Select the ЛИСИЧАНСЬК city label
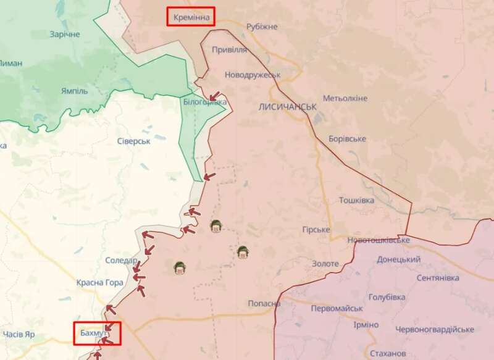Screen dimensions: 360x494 tap(288, 107)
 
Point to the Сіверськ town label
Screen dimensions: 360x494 tap(134, 141)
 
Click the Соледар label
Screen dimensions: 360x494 tap(121, 261)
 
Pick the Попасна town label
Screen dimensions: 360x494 tap(264, 304)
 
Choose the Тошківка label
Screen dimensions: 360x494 tap(357, 201)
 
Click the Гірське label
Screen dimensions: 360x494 tap(316, 230)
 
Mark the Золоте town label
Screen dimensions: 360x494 tap(325, 264)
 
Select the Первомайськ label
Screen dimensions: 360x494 tap(337, 308)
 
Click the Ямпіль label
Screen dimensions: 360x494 tap(74, 91)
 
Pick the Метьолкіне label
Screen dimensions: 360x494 tap(345, 99)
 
